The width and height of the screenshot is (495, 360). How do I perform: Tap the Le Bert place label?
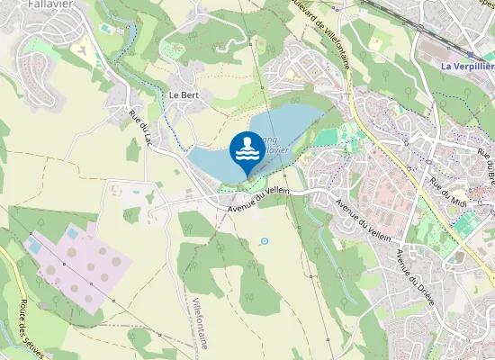coord(183,94)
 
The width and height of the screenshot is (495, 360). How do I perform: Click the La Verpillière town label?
coord(467,67)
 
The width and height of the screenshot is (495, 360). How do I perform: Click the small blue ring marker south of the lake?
coord(265,241)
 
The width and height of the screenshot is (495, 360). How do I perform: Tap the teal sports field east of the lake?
coord(328,136)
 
